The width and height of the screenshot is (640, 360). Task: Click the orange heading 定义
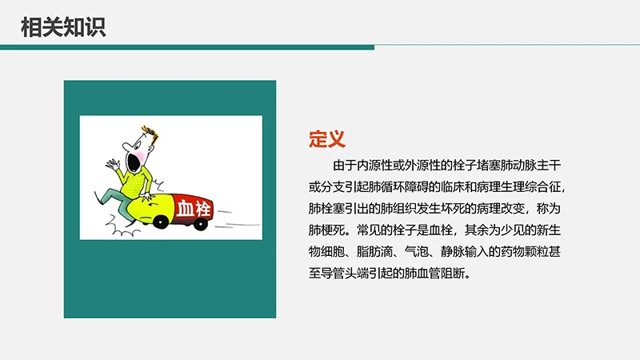coord(326,138)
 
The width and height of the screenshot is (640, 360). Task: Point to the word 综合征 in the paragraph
coord(545,188)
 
